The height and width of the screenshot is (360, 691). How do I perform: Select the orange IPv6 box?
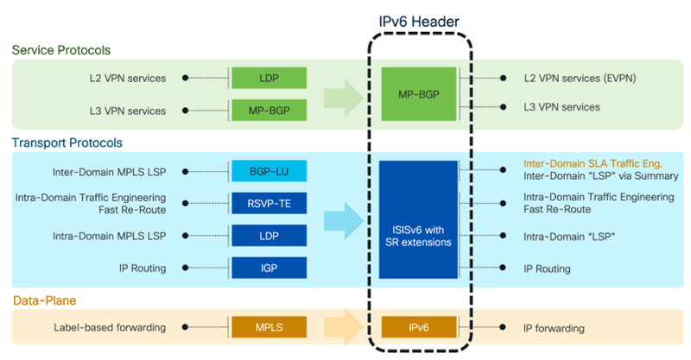(x=419, y=328)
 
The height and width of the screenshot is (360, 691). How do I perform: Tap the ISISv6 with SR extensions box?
(x=419, y=219)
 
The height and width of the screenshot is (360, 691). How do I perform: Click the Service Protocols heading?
(x=60, y=50)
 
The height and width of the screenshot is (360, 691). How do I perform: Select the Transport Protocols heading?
(x=67, y=142)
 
